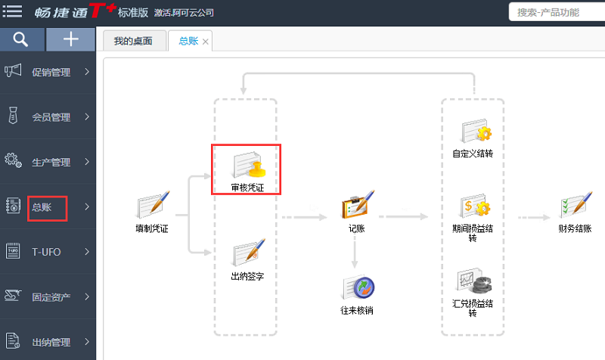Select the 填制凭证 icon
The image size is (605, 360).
(x=151, y=206)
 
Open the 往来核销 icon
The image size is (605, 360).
(x=356, y=288)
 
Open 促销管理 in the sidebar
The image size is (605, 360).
(x=50, y=73)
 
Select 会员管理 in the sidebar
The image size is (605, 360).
(x=50, y=117)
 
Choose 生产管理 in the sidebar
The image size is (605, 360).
(x=50, y=162)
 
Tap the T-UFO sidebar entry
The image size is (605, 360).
(x=45, y=251)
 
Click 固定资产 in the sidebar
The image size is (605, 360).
(x=50, y=296)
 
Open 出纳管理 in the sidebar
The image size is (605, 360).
(x=50, y=340)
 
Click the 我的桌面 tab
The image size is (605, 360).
(x=133, y=41)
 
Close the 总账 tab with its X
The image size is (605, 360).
(x=206, y=42)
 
